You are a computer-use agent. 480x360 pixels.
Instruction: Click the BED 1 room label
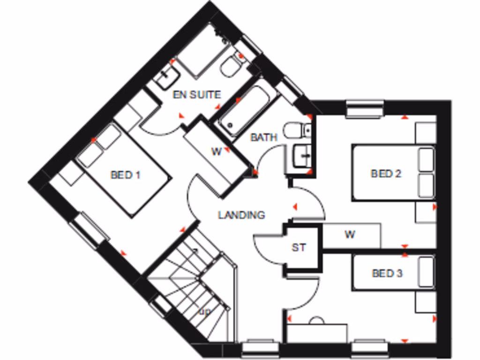(125, 175)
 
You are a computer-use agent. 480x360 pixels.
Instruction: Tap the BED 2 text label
(386, 174)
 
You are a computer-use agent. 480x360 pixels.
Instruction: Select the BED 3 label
(387, 273)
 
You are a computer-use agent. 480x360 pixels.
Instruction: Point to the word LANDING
(241, 215)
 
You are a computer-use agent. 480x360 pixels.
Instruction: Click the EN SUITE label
(196, 95)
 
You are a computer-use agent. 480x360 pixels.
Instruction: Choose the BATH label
(264, 137)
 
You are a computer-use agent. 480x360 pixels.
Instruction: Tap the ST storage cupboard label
(299, 247)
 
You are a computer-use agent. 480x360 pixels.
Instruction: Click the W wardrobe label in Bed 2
(350, 235)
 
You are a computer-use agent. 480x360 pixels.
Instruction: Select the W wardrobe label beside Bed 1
(216, 151)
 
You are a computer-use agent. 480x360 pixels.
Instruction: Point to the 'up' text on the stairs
(204, 311)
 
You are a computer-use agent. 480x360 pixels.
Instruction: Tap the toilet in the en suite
(231, 67)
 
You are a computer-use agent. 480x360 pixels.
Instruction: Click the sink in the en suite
(166, 77)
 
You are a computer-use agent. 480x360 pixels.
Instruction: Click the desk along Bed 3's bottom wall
(317, 333)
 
